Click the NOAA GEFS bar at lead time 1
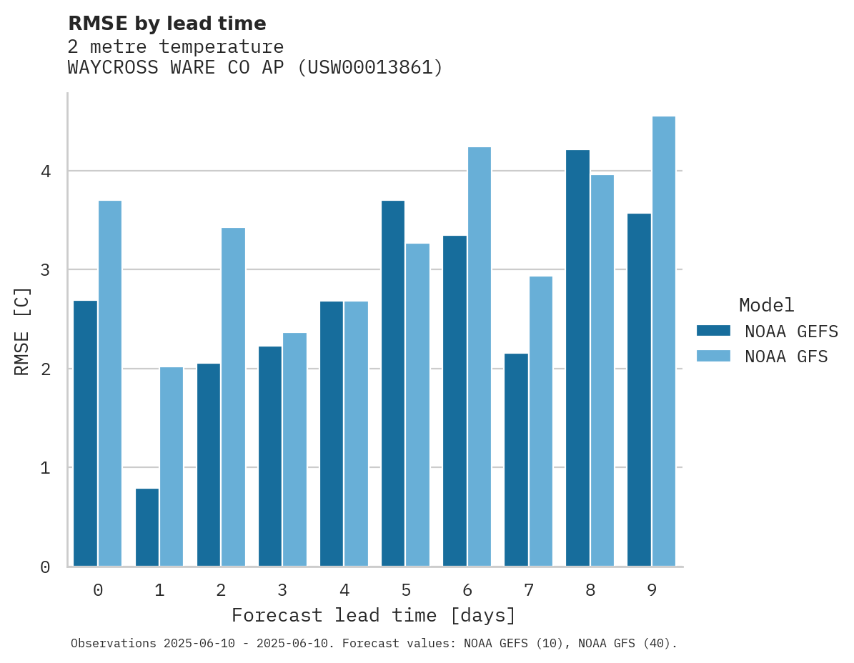[x=147, y=527]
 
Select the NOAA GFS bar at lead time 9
[x=664, y=342]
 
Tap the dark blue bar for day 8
[x=577, y=358]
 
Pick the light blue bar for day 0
[x=110, y=384]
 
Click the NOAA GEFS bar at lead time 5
[x=393, y=384]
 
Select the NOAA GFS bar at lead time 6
[x=479, y=357]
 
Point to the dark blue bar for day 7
[x=516, y=459]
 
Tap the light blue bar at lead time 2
[x=233, y=397]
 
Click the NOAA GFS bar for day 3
[x=294, y=449]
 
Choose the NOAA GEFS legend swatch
[x=713, y=331]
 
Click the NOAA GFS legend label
[x=786, y=357]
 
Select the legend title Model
[x=766, y=305]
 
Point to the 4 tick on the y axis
[x=45, y=171]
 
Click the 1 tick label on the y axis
[x=45, y=468]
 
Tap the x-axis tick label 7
[x=529, y=590]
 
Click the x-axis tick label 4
[x=344, y=590]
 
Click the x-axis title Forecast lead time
[x=373, y=616]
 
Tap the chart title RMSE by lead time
[x=167, y=24]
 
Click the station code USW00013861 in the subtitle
[x=369, y=68]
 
